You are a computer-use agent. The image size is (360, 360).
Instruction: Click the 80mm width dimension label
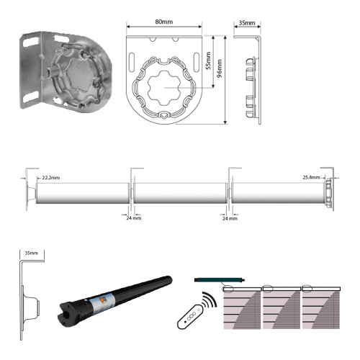pos(164,22)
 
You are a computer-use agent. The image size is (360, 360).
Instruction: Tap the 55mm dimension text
pos(208,60)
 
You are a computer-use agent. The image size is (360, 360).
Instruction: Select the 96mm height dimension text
pos(219,68)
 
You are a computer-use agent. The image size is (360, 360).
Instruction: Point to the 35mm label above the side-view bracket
pos(247,23)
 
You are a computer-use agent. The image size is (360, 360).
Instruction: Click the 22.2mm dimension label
pos(51,178)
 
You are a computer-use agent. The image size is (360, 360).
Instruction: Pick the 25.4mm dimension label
pos(311,177)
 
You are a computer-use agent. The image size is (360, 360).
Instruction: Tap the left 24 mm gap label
pos(134,218)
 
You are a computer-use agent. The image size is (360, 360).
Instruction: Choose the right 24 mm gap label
pos(230,218)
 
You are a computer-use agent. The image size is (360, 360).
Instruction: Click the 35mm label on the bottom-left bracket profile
pos(32,253)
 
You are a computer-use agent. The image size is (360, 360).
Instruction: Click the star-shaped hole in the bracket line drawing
pos(164,88)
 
